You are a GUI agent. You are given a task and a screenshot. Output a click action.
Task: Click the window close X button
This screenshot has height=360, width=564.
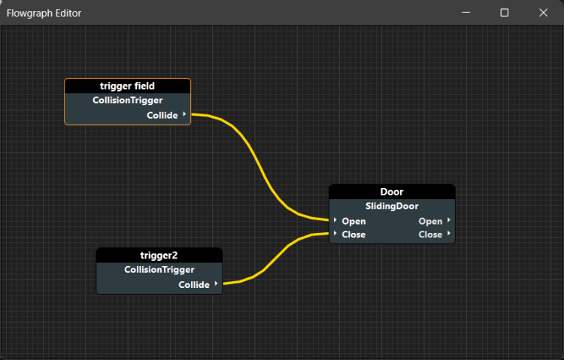pyautogui.click(x=543, y=13)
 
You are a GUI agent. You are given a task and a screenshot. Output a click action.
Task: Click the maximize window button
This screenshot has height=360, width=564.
pyautogui.click(x=505, y=13)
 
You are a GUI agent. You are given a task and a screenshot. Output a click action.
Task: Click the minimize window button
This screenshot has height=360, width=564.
pyautogui.click(x=466, y=13)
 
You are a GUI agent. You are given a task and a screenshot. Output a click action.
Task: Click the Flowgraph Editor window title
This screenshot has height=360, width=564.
pyautogui.click(x=44, y=13)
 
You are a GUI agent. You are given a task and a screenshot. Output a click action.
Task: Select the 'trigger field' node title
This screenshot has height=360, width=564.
pyautogui.click(x=127, y=86)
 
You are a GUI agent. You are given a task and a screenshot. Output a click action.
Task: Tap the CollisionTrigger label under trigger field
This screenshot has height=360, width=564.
pyautogui.click(x=127, y=100)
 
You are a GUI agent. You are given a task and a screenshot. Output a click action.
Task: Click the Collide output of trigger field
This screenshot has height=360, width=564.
pyautogui.click(x=162, y=115)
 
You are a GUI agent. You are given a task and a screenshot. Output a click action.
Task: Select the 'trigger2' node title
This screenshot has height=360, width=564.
pyautogui.click(x=159, y=256)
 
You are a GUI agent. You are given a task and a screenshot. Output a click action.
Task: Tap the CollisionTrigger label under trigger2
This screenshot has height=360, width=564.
pyautogui.click(x=159, y=269)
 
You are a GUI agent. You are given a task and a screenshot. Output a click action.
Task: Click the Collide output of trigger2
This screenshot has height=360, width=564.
pyautogui.click(x=194, y=285)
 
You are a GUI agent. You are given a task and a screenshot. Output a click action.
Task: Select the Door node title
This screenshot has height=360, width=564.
pyautogui.click(x=392, y=192)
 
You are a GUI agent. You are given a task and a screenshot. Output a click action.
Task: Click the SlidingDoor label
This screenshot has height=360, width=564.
pyautogui.click(x=392, y=206)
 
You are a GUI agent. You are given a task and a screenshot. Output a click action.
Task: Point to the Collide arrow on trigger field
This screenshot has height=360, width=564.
pyautogui.click(x=184, y=114)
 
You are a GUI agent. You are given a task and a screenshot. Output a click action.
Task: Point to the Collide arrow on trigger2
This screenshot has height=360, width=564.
pyautogui.click(x=216, y=284)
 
